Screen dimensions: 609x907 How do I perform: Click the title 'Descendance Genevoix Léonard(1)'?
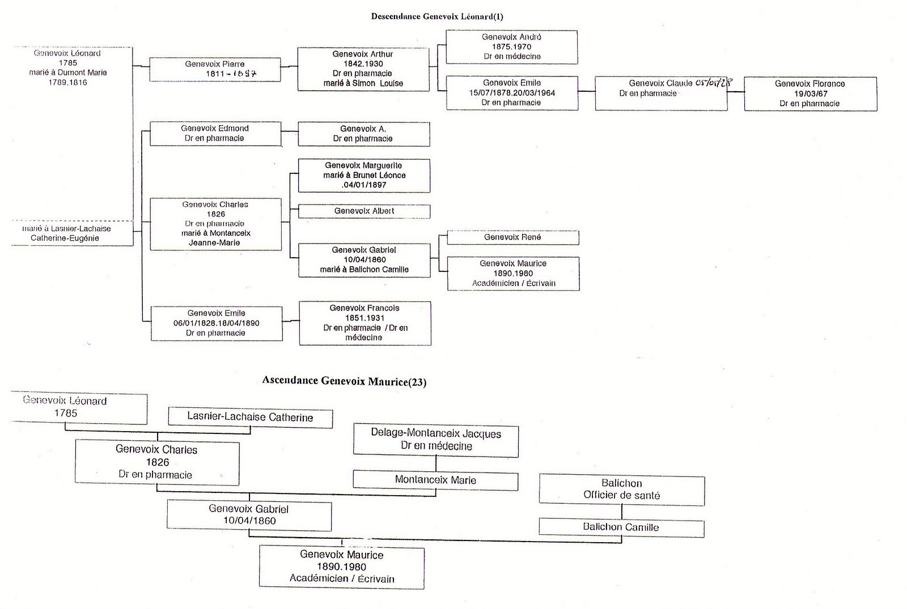click(436, 16)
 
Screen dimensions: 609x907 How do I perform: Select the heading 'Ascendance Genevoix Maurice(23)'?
click(344, 381)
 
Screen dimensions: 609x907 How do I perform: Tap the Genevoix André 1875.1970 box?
click(511, 47)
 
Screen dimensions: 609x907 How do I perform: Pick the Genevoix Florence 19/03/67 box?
click(810, 93)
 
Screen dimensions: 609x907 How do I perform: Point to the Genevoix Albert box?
click(364, 211)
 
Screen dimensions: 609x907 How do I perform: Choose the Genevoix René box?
click(512, 237)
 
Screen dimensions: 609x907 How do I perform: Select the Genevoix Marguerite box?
click(364, 175)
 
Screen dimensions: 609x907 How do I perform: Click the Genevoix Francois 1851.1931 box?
click(365, 323)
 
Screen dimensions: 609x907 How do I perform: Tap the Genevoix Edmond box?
click(215, 134)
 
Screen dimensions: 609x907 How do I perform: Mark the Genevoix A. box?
click(363, 134)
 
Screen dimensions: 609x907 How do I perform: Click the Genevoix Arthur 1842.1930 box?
click(363, 69)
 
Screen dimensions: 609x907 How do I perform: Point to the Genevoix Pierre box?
click(215, 69)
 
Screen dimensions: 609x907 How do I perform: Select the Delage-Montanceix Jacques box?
click(435, 440)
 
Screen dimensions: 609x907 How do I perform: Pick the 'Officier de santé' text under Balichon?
click(622, 496)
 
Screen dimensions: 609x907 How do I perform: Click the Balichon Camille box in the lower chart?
click(621, 527)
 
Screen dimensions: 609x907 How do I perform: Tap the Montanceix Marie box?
click(435, 480)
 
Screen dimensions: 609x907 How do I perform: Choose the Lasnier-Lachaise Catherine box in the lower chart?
click(250, 418)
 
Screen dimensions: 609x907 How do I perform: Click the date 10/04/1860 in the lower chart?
click(249, 521)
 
